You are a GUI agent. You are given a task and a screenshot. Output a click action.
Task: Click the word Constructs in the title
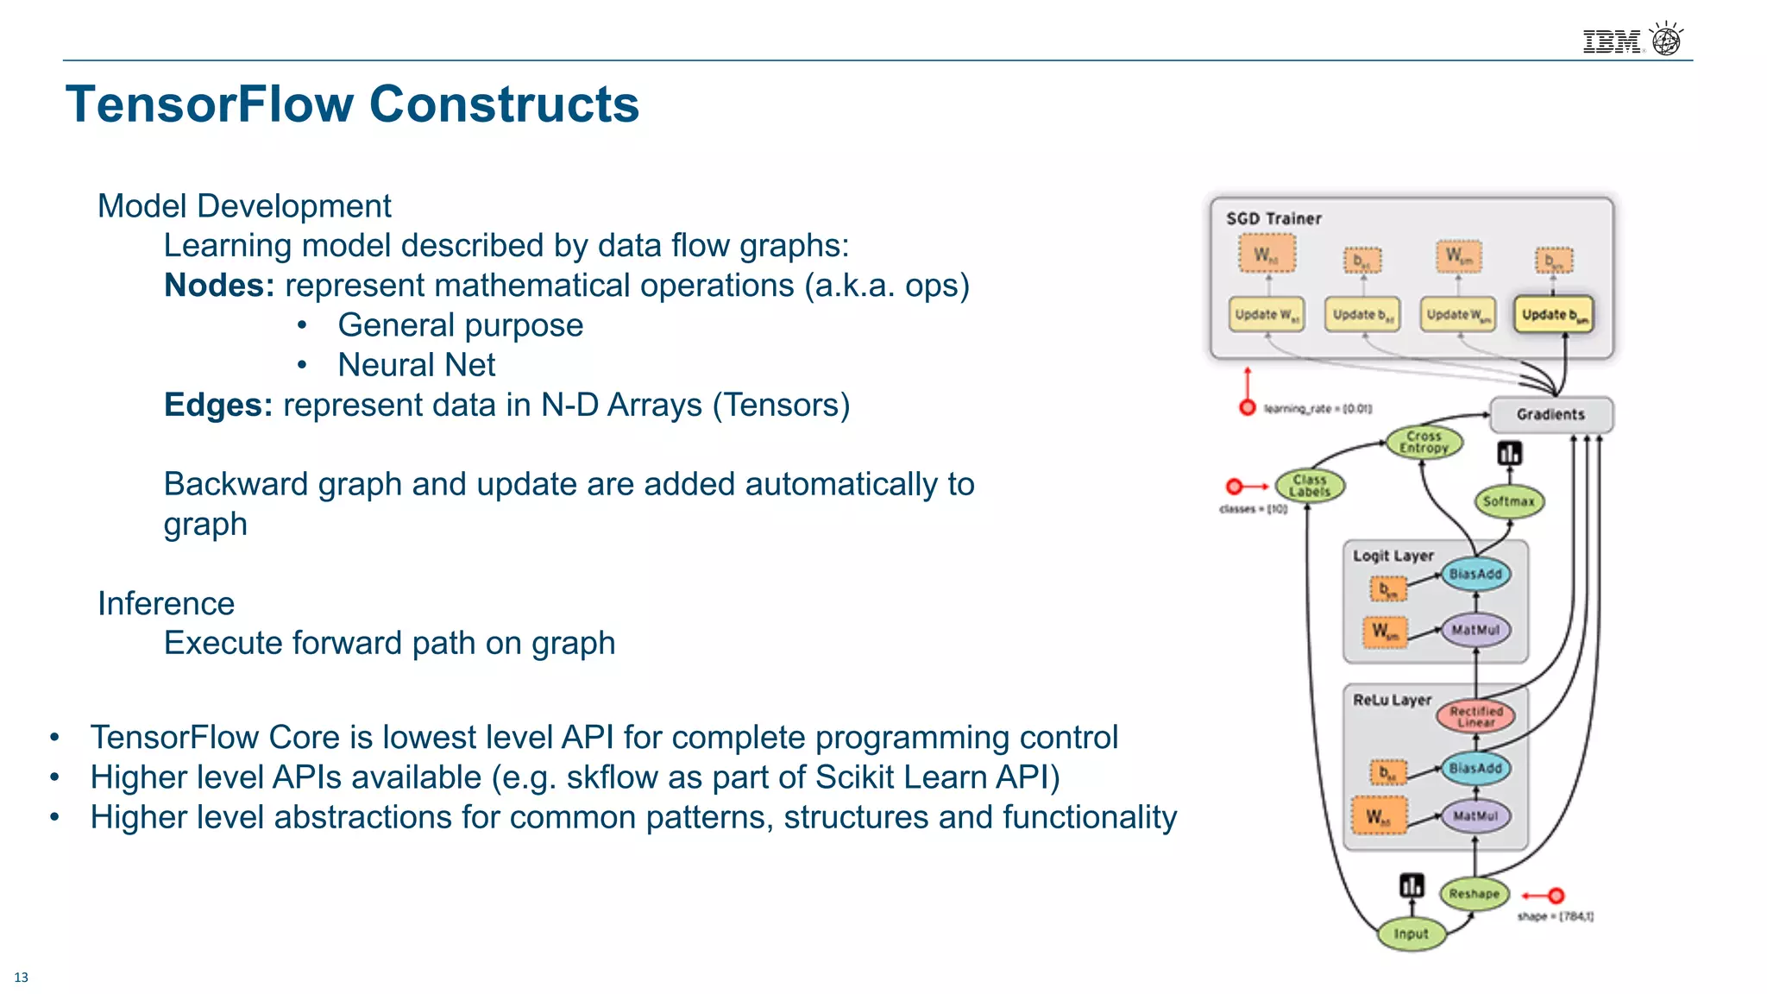click(x=504, y=104)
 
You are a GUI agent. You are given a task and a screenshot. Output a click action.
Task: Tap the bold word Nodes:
click(x=219, y=286)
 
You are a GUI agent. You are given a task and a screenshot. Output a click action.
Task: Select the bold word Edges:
click(x=218, y=405)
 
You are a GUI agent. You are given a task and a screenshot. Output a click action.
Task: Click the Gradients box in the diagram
click(x=1550, y=415)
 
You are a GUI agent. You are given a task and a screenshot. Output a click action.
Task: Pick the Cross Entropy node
click(x=1424, y=443)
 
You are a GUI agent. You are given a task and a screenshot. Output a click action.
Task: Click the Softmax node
click(x=1508, y=501)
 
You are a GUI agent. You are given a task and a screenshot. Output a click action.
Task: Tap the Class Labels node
click(x=1309, y=486)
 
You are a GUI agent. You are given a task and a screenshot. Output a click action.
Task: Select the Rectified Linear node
click(x=1475, y=716)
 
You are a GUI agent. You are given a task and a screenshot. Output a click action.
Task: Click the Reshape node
click(x=1474, y=894)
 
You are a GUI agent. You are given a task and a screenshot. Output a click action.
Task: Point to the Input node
click(x=1411, y=934)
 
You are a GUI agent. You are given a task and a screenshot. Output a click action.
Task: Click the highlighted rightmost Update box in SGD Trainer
click(x=1553, y=315)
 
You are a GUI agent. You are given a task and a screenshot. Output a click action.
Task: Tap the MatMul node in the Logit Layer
click(x=1475, y=630)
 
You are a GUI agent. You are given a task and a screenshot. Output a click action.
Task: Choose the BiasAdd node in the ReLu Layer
click(x=1475, y=768)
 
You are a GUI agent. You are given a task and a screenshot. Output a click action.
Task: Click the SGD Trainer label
click(x=1273, y=219)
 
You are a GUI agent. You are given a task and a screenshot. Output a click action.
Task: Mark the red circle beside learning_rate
click(x=1247, y=408)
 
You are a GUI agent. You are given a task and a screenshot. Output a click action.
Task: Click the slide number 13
click(x=21, y=978)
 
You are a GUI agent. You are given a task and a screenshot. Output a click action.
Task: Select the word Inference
click(x=166, y=603)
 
